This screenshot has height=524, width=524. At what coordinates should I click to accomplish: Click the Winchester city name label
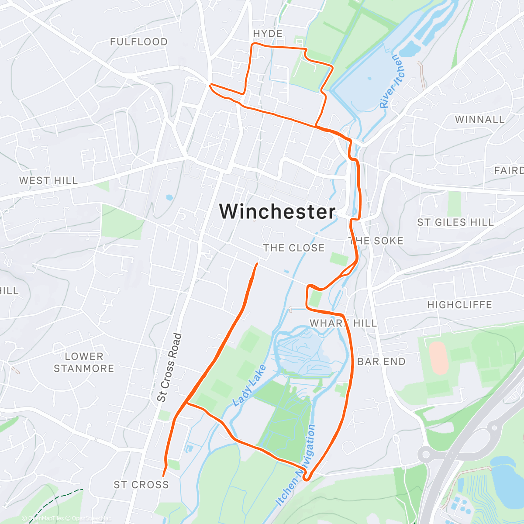click(277, 211)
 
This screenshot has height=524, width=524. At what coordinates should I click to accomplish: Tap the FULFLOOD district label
click(139, 42)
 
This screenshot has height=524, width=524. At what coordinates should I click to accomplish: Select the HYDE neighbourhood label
click(268, 34)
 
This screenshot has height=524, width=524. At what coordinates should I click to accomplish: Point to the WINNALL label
click(479, 119)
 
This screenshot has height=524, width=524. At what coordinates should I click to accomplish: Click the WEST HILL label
click(48, 180)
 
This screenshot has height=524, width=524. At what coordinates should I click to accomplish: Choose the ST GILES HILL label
click(455, 222)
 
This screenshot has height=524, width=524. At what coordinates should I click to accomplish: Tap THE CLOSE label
click(294, 248)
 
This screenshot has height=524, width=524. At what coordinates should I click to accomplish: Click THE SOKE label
click(376, 241)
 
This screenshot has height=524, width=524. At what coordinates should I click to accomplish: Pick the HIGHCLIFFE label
click(459, 305)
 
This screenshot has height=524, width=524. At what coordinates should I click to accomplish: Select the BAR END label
click(381, 362)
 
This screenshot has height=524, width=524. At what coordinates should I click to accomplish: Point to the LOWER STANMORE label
click(84, 362)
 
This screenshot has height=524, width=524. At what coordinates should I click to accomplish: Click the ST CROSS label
click(141, 485)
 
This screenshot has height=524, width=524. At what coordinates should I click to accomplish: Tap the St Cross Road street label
click(169, 368)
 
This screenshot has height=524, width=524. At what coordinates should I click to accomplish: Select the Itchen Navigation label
click(296, 465)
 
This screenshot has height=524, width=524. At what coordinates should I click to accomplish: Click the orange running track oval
click(438, 358)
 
